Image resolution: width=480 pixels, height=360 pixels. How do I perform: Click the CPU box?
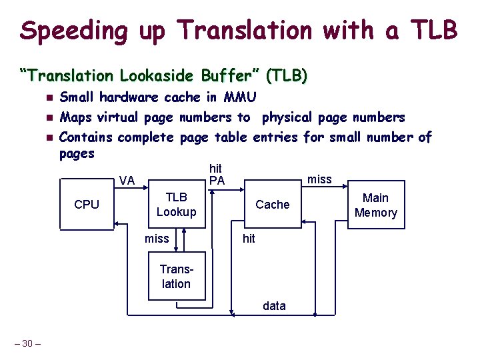pyautogui.click(x=87, y=205)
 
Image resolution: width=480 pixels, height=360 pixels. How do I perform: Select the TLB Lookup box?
pyautogui.click(x=176, y=205)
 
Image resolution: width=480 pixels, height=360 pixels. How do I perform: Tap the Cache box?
pyautogui.click(x=273, y=205)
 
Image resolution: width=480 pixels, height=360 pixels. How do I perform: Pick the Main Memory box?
pyautogui.click(x=375, y=205)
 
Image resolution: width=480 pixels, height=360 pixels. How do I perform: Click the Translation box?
pyautogui.click(x=176, y=276)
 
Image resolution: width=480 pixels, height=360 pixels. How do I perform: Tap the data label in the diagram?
pyautogui.click(x=274, y=306)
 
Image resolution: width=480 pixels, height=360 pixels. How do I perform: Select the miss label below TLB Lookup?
pyautogui.click(x=157, y=239)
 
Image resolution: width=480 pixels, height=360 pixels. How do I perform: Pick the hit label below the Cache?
pyautogui.click(x=249, y=239)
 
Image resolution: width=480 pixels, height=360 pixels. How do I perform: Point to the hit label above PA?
pyautogui.click(x=215, y=169)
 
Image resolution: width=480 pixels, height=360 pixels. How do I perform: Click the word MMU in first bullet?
pyautogui.click(x=240, y=97)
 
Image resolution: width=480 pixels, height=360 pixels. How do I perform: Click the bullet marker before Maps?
pyautogui.click(x=49, y=118)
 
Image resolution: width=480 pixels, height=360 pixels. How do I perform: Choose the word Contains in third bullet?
pyautogui.click(x=86, y=138)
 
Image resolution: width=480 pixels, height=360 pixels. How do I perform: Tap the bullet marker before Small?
pyautogui.click(x=49, y=98)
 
